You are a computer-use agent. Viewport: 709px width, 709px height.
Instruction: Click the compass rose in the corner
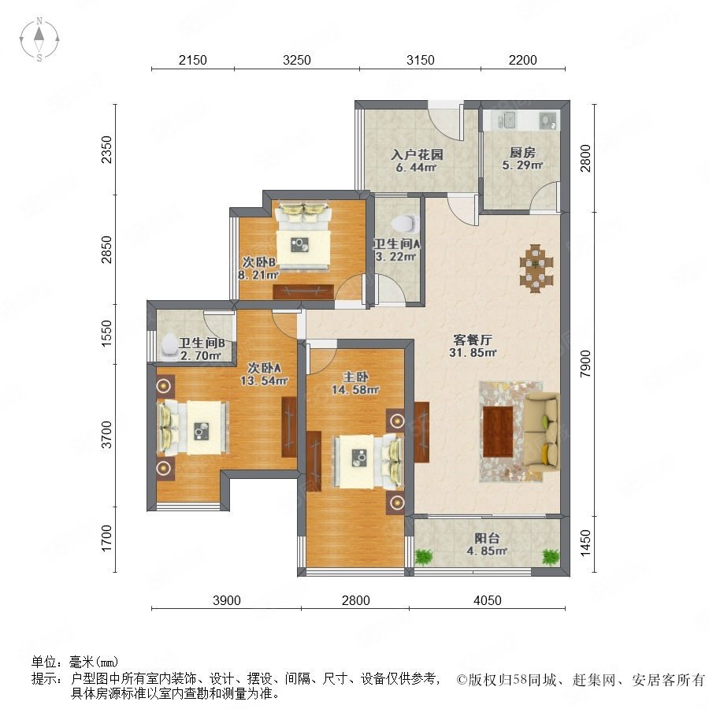[39, 39]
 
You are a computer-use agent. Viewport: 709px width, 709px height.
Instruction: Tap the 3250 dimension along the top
[297, 60]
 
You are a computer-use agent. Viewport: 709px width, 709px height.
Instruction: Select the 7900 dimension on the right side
[585, 363]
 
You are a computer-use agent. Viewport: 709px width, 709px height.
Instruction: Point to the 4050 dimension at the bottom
[488, 600]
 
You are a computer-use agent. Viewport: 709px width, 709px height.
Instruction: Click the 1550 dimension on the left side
[106, 333]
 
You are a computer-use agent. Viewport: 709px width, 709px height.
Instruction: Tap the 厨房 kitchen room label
[522, 152]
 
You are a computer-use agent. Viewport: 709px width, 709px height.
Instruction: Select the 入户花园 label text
[417, 154]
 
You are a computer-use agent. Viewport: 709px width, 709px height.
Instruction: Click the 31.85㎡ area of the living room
[473, 352]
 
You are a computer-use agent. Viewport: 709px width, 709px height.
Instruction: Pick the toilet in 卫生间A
[405, 224]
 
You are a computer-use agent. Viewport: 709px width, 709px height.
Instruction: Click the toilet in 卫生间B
[170, 347]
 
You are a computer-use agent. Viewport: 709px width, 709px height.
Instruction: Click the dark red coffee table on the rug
[498, 432]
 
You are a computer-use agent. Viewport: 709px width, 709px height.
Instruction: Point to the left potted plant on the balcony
[424, 556]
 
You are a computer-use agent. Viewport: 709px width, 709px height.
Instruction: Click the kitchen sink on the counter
[507, 120]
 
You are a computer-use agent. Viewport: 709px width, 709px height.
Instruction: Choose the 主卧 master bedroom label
[355, 377]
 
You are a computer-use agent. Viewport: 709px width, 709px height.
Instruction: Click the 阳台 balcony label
[487, 538]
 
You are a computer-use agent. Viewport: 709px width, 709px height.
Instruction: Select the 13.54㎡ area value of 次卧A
[264, 380]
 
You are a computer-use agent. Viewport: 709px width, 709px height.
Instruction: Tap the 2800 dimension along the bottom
[356, 600]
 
